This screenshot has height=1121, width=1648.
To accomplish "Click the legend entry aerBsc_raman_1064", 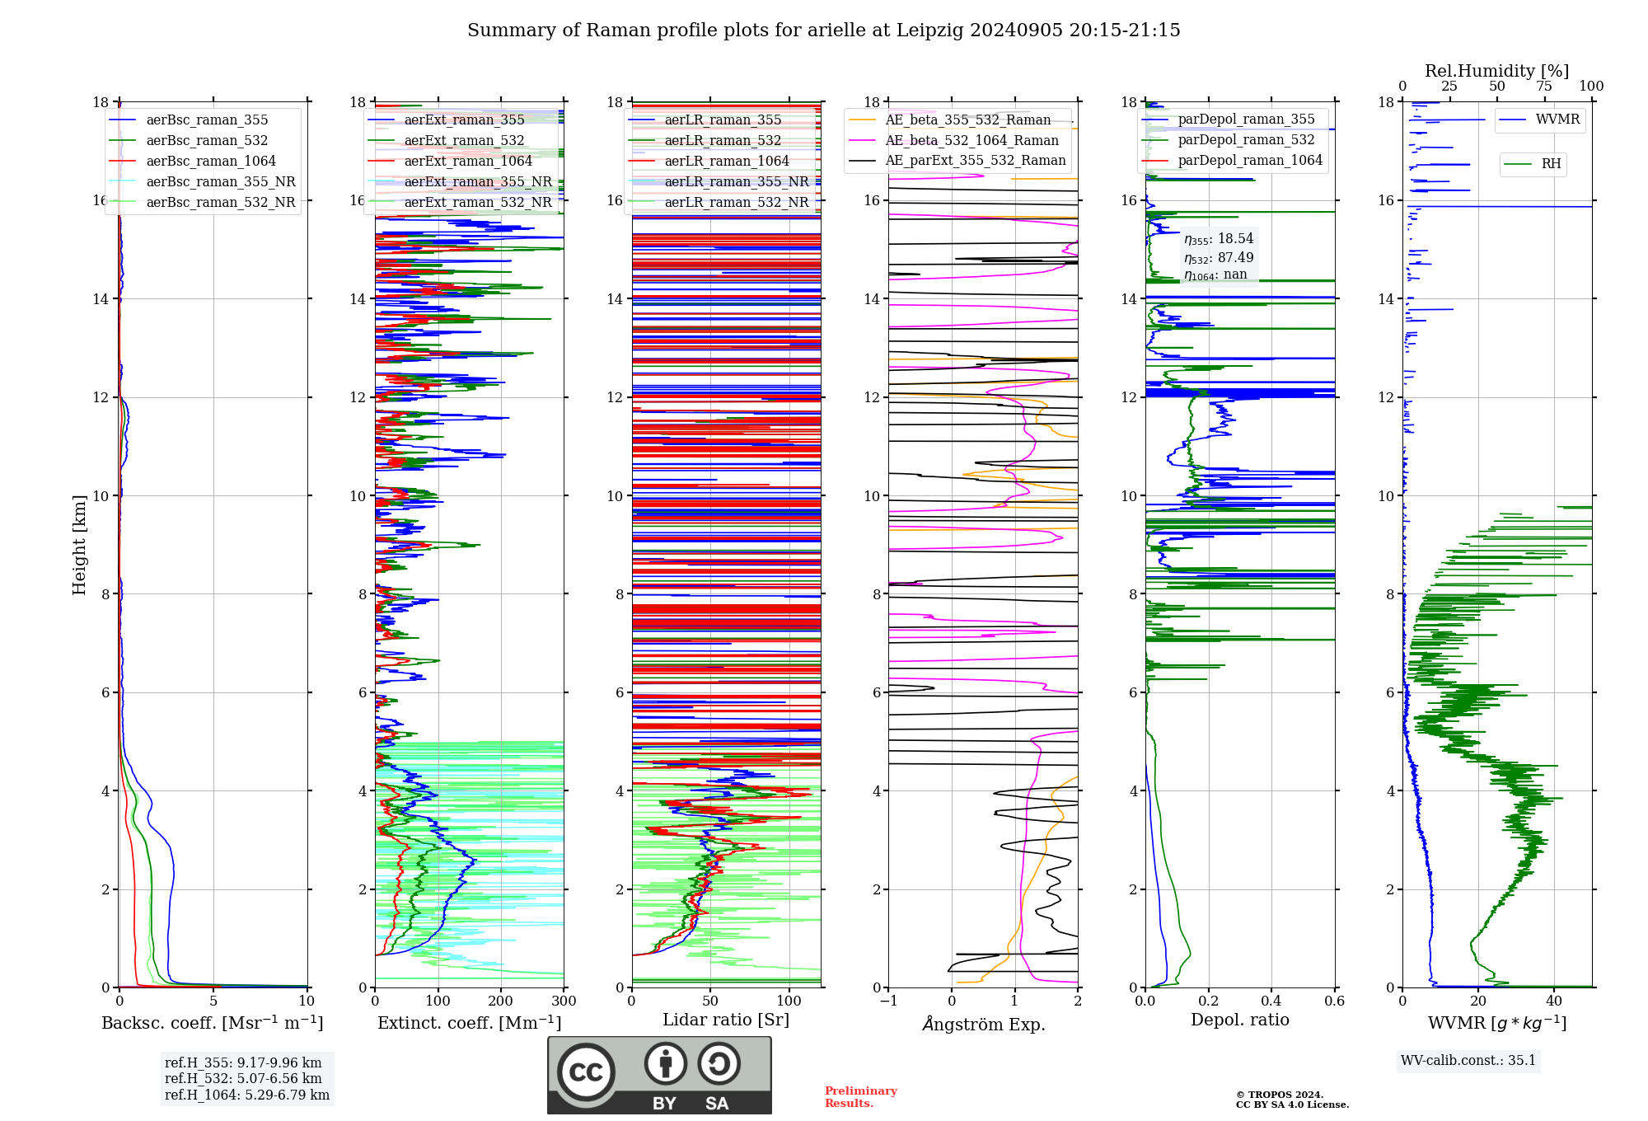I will (x=211, y=162).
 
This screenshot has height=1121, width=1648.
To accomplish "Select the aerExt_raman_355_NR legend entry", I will (x=478, y=182).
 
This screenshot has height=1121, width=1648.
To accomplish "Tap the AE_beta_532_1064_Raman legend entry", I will (x=971, y=140).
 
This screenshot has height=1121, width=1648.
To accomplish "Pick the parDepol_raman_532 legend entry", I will (x=1246, y=140).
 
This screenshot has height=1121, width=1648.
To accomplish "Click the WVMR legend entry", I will (x=1557, y=120).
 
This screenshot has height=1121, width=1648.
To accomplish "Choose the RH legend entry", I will (x=1551, y=164).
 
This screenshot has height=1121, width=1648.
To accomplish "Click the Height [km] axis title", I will (x=79, y=545).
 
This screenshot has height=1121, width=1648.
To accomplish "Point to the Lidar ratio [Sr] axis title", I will (x=726, y=1020).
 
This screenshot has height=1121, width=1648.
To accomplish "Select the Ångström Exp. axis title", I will (x=984, y=1024).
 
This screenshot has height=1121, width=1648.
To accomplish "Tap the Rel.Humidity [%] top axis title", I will (x=1496, y=71).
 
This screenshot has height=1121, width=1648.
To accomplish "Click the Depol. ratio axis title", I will (x=1239, y=1020).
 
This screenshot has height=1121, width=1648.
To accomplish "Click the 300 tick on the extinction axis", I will (x=564, y=1001).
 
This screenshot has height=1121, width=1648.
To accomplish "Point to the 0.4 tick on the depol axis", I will (x=1271, y=1001).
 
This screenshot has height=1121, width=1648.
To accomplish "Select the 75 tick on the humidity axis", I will (x=1544, y=87).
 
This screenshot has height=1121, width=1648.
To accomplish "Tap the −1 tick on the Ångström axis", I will (x=888, y=1001).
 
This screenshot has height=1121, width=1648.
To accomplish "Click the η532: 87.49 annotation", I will (x=1219, y=258).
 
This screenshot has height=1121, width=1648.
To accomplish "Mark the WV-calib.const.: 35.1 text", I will (x=1468, y=1061).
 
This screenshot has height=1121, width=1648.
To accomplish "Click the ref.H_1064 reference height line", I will (x=247, y=1095).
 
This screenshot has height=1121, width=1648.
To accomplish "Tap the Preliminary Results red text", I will (x=860, y=1097).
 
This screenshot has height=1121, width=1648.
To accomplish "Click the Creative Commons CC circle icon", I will (x=586, y=1072).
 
